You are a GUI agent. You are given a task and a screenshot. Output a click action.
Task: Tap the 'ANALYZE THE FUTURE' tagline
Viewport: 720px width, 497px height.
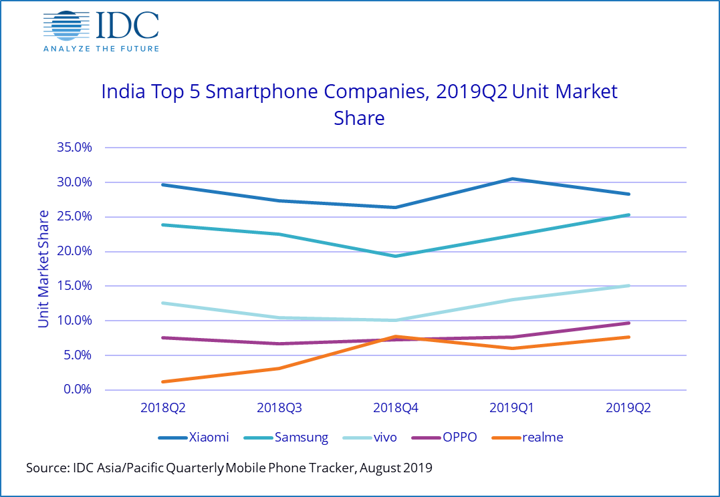pyautogui.click(x=101, y=48)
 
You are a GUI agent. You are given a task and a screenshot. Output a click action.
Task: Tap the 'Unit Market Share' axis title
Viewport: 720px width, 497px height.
pyautogui.click(x=43, y=269)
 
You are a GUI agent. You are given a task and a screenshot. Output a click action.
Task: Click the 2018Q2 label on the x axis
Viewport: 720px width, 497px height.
pyautogui.click(x=162, y=407)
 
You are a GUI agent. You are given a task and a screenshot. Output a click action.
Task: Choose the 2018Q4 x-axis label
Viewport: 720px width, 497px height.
pyautogui.click(x=396, y=407)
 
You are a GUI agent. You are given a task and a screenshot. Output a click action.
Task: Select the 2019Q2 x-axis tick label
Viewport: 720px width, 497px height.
pyautogui.click(x=628, y=407)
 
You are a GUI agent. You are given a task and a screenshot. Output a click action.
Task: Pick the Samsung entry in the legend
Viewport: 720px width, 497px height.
pyautogui.click(x=291, y=438)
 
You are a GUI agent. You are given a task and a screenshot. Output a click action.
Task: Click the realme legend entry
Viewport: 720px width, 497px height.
pyautogui.click(x=527, y=438)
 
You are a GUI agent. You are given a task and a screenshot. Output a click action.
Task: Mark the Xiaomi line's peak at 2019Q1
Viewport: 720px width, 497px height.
pyautogui.click(x=512, y=179)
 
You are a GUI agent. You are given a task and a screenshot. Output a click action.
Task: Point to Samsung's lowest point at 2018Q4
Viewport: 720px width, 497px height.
pyautogui.click(x=396, y=256)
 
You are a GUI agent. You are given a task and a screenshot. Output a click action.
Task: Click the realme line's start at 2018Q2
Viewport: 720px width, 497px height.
pyautogui.click(x=162, y=381)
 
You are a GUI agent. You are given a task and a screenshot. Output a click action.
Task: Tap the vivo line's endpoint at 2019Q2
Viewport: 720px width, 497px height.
pyautogui.click(x=628, y=286)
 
